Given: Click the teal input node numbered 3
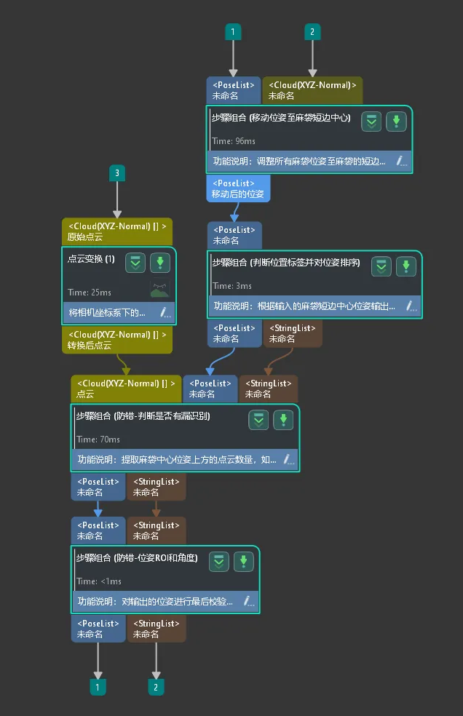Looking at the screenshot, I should click(x=116, y=172).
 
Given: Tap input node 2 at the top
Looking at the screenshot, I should click(x=312, y=32).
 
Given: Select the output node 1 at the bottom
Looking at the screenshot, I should click(x=98, y=686).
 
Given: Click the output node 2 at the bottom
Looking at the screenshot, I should click(x=156, y=686).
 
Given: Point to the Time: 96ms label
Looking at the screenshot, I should click(x=234, y=141).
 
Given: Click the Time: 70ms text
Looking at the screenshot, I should click(x=98, y=439).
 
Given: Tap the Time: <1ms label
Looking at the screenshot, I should click(x=99, y=581).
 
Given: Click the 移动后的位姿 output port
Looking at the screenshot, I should click(x=238, y=189).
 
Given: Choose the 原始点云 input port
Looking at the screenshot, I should click(x=117, y=231).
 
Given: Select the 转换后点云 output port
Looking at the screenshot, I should click(x=117, y=341).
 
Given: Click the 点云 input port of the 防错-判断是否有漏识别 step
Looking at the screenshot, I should click(x=126, y=389).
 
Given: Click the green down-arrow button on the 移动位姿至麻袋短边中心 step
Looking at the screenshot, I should click(x=396, y=122).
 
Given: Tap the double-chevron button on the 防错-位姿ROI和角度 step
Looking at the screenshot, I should click(x=218, y=562).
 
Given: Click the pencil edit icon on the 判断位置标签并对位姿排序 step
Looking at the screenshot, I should click(x=411, y=306).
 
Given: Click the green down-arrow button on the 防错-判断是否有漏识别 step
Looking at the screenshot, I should click(x=282, y=420).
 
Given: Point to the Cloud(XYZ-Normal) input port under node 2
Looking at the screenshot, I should click(x=312, y=90).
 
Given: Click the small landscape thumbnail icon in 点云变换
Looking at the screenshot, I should click(x=159, y=289).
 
